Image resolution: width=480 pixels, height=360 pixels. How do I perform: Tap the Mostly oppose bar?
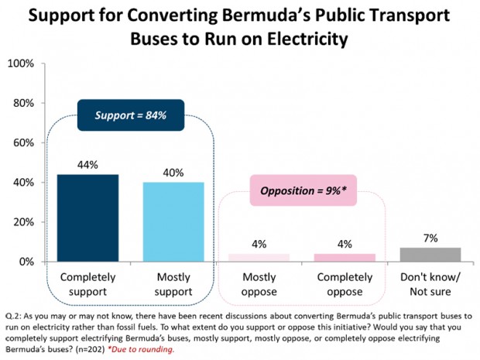click(259, 258)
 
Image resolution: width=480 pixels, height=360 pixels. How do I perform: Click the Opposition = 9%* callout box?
click(303, 190)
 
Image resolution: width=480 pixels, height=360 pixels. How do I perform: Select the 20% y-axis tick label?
click(23, 222)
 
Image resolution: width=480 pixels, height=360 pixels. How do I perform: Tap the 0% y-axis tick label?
click(26, 262)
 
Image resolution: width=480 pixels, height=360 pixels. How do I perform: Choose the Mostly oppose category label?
click(259, 283)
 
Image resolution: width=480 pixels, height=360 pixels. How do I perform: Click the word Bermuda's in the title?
click(254, 13)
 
